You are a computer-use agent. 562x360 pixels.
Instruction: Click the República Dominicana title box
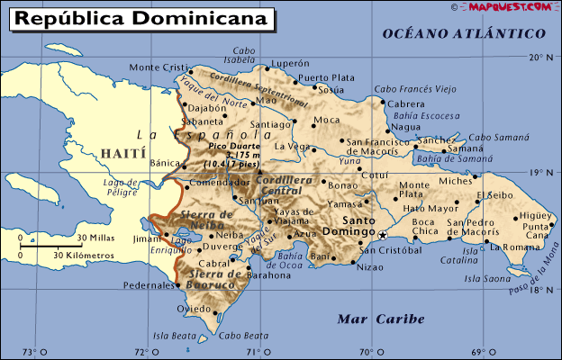click(x=140, y=18)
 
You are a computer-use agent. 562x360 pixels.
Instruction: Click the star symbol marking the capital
click(x=382, y=234)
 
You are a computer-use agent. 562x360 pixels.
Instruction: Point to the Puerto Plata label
click(x=325, y=78)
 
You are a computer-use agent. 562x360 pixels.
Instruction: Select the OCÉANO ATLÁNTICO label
click(x=464, y=34)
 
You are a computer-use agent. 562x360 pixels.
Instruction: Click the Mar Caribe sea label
click(x=367, y=319)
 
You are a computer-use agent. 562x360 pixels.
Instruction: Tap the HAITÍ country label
click(x=122, y=153)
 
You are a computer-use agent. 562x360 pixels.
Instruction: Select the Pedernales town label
click(x=147, y=284)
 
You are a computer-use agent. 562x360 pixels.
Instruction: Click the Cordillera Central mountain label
click(x=278, y=184)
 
